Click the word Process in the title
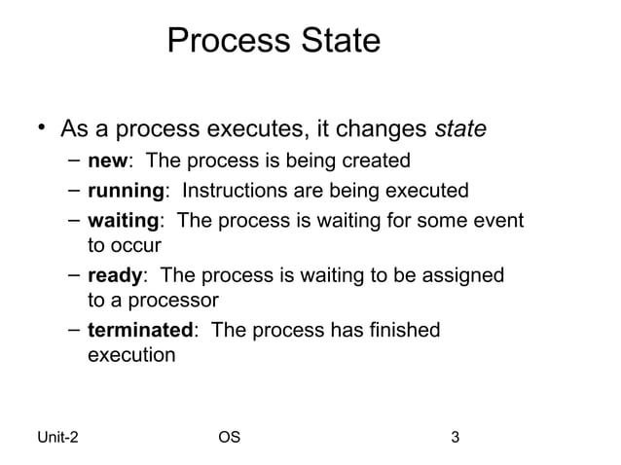coord(224,42)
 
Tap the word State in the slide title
coord(335,42)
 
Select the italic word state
coord(460,129)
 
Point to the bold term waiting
coord(124,221)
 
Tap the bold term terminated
coord(140,331)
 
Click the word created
coord(377,161)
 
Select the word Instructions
coord(241,191)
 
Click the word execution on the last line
coord(131,355)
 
